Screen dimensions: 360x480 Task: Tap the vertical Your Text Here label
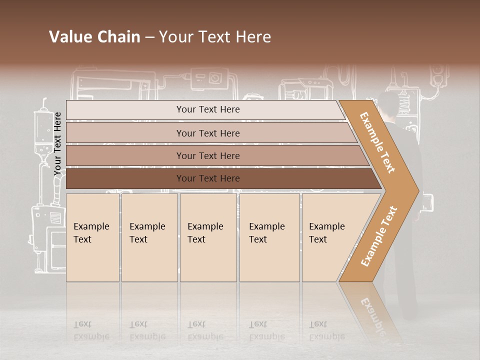coord(58,143)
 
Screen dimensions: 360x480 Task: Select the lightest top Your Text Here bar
coord(207,109)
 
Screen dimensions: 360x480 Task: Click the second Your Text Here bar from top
coord(207,133)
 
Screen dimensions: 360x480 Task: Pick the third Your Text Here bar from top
coord(207,155)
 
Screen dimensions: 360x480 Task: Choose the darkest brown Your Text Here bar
coord(207,178)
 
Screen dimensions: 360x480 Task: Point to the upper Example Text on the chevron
coord(377,142)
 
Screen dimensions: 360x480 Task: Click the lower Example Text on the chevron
coord(379,236)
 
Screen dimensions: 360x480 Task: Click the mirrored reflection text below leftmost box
coord(91,330)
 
